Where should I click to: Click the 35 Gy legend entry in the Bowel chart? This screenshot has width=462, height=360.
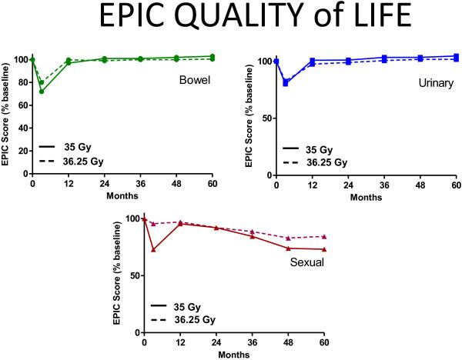pos(71,147)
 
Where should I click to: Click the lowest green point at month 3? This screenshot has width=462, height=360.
pos(42,92)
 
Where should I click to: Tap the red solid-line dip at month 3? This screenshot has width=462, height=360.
pos(154,250)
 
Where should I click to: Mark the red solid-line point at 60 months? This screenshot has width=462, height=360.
pos(324,249)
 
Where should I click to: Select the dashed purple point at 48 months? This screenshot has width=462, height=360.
pos(288,238)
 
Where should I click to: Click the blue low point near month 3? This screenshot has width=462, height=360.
pos(286,83)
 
